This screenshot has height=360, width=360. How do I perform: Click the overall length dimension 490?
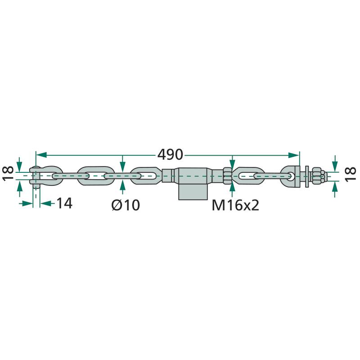[170, 154]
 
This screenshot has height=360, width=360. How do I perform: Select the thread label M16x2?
[235, 205]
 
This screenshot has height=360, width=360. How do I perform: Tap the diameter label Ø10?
[126, 205]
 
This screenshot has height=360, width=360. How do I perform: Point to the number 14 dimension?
[64, 203]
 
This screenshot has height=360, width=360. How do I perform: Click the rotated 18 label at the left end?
[8, 174]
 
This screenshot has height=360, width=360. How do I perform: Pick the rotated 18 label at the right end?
[351, 175]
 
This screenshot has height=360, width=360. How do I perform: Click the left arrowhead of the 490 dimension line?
[41, 155]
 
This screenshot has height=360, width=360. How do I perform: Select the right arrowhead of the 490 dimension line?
[294, 155]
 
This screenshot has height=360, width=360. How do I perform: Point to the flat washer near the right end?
[307, 176]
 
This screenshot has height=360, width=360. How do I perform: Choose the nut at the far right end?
[319, 176]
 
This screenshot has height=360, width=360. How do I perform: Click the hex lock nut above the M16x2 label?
[227, 176]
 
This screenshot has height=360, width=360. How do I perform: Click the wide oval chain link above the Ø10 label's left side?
[96, 176]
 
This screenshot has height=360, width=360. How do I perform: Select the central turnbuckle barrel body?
[193, 175]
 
